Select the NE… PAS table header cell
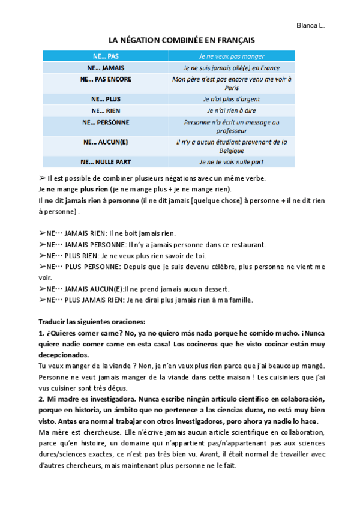pyautogui.click(x=105, y=56)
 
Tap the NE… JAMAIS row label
pyautogui.click(x=105, y=68)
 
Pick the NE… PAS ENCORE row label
pyautogui.click(x=105, y=79)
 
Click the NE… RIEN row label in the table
pyautogui.click(x=105, y=110)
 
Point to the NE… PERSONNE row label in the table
pyautogui.click(x=105, y=122)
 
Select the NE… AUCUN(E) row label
pyautogui.click(x=105, y=142)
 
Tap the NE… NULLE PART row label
pyautogui.click(x=105, y=162)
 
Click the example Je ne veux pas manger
pyautogui.click(x=231, y=56)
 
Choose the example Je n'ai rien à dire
pyautogui.click(x=231, y=110)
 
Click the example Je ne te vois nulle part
pyautogui.click(x=231, y=162)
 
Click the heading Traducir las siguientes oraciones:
pyautogui.click(x=88, y=321)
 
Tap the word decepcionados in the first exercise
pyautogui.click(x=62, y=355)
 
